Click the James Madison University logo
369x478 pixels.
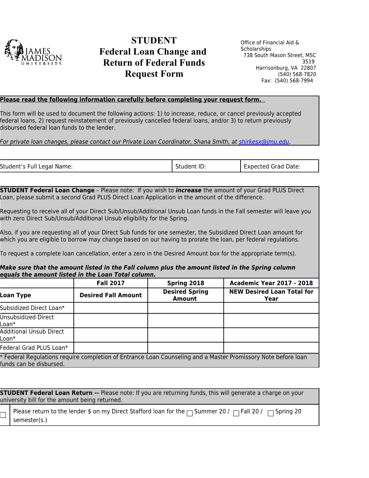[33, 53]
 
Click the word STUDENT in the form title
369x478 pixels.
[154, 41]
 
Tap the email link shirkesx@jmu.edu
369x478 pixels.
[264, 142]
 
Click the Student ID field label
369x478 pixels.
[190, 167]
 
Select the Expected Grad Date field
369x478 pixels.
[279, 167]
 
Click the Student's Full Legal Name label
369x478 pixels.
[36, 167]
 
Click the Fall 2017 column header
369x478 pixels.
[110, 283]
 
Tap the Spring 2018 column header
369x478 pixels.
[185, 283]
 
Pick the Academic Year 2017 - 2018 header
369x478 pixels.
[271, 283]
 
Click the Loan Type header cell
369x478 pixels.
[16, 295]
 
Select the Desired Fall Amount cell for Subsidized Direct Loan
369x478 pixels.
[110, 308]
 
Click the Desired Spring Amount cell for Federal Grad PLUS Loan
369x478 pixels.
[185, 348]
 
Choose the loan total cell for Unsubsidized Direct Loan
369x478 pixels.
[271, 320]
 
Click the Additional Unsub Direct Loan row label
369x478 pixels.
[32, 335]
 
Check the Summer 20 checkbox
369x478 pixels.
[190, 414]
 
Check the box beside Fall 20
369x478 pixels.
[236, 414]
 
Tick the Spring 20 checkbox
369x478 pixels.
[271, 414]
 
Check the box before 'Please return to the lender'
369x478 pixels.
[3, 415]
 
